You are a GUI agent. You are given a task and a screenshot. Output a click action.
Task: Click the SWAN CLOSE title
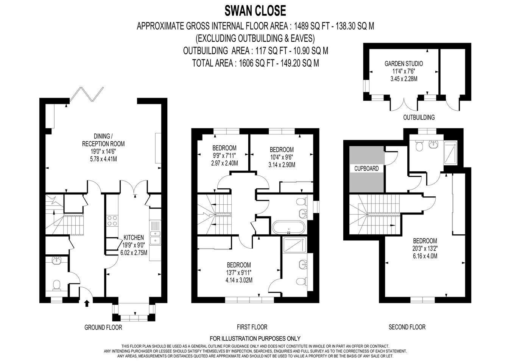tap(255, 11)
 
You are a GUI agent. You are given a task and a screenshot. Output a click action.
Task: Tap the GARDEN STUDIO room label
tap(404, 64)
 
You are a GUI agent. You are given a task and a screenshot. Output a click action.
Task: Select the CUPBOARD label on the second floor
tap(366, 169)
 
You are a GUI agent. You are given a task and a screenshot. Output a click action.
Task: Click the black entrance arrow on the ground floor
tap(87, 303)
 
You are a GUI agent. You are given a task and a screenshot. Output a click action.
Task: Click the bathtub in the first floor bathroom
tap(288, 227)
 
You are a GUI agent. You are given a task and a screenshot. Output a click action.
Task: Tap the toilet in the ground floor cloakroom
tap(56, 286)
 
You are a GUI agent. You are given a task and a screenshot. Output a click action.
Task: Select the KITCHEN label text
tap(134, 238)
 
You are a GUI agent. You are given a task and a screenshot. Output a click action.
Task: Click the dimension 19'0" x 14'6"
tap(103, 151)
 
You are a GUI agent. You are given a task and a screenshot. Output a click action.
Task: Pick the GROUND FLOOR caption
tap(103, 327)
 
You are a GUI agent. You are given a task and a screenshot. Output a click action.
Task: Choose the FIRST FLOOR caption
tap(252, 327)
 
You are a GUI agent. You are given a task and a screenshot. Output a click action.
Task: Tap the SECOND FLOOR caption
tap(407, 327)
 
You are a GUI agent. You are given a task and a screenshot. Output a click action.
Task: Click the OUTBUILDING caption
tap(419, 118)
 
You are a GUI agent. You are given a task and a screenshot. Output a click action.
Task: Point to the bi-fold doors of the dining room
tap(86, 94)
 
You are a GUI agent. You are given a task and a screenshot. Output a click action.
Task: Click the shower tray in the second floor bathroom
tap(450, 152)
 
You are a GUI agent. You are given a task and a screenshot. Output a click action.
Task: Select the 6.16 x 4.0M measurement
tap(425, 256)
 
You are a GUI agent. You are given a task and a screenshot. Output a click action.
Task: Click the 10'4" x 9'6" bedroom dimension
tap(282, 157)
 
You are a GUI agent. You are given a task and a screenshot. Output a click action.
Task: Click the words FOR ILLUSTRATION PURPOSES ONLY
tap(255, 338)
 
